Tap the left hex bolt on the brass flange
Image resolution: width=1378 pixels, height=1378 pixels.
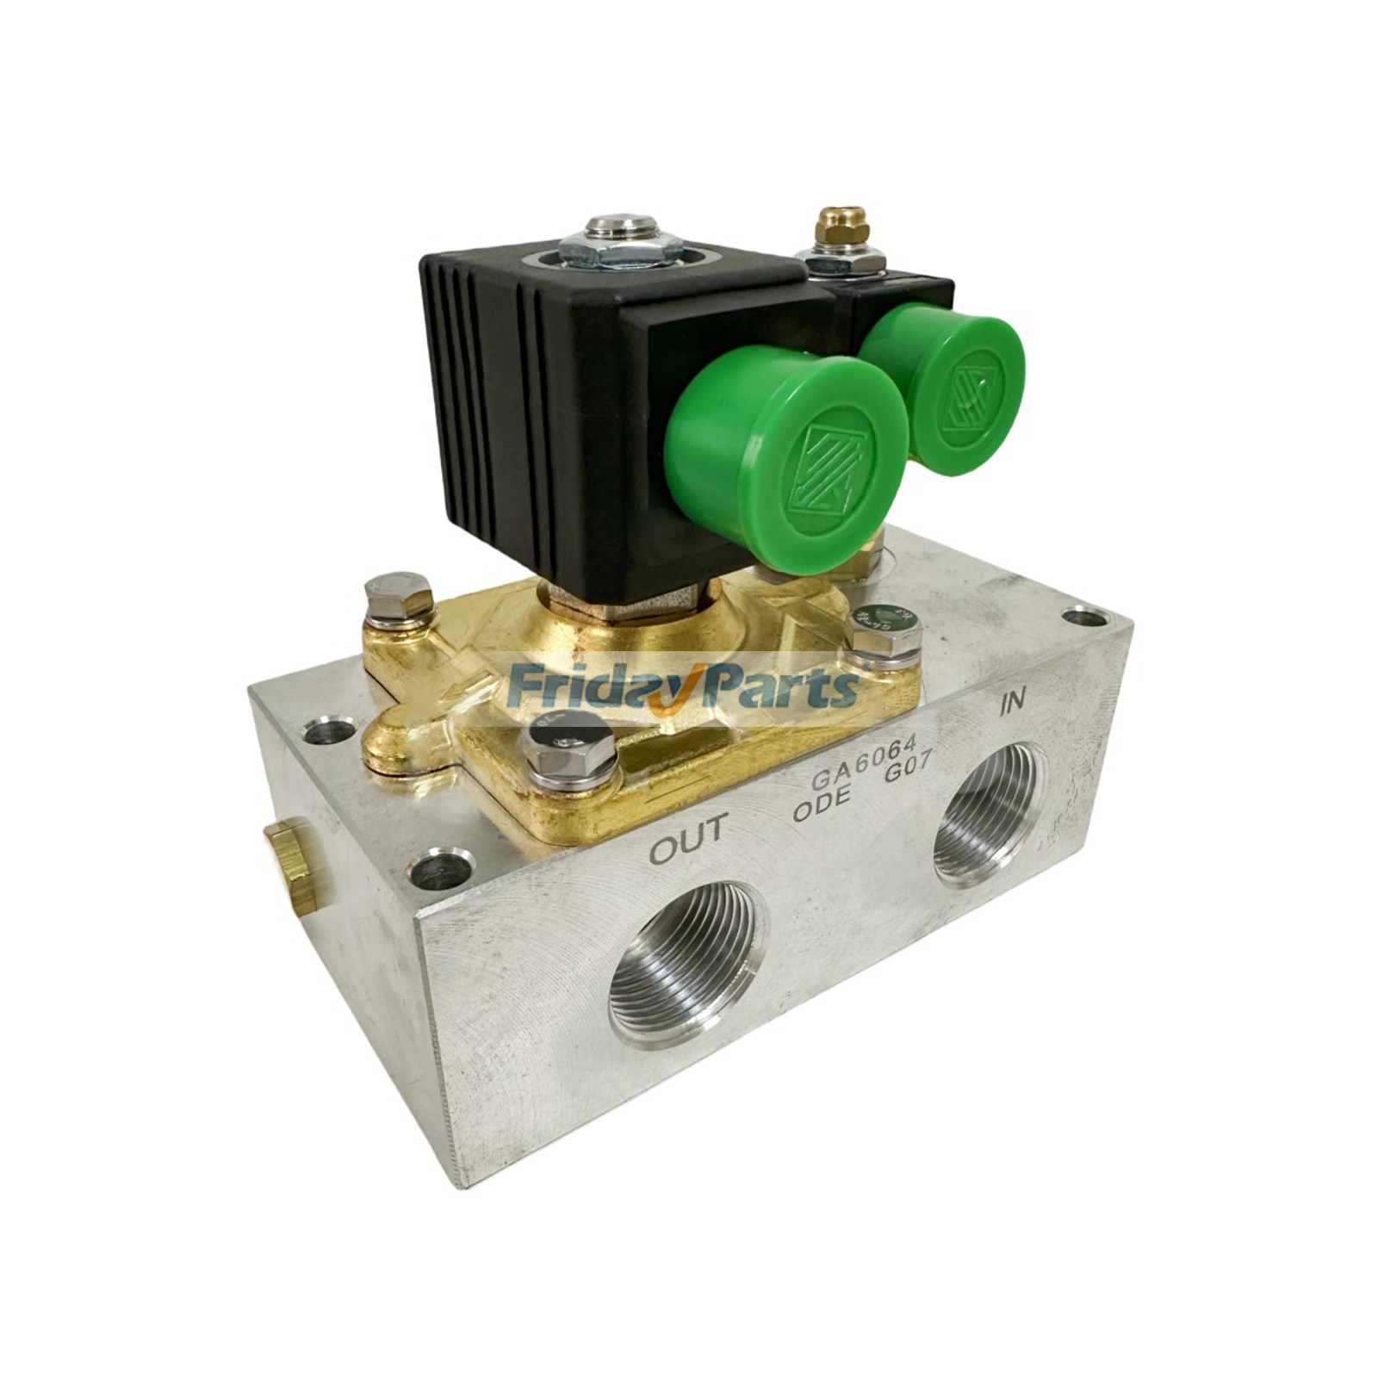click(x=397, y=595)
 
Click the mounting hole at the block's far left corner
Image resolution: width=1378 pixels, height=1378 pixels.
click(x=330, y=730)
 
